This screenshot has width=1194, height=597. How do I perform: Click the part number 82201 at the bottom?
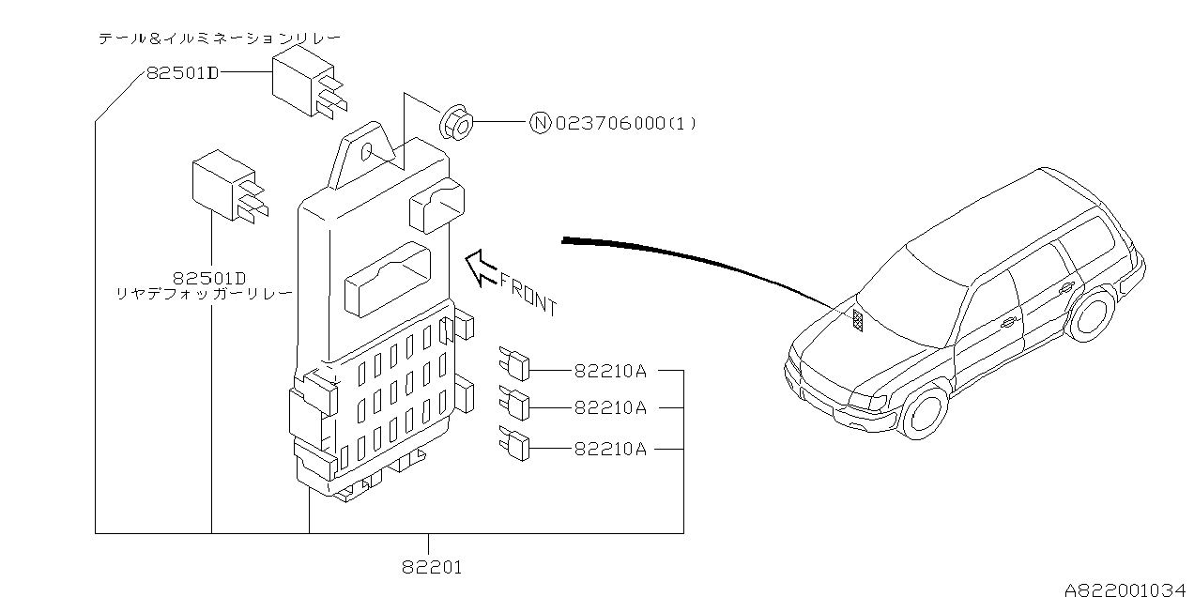pos(432,567)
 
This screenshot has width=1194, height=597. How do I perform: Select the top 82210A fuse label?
pos(610,371)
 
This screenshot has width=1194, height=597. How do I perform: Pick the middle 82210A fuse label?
pos(610,407)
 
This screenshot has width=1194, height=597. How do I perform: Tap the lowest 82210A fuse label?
pos(610,449)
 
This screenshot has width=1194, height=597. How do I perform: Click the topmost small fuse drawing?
pos(513,364)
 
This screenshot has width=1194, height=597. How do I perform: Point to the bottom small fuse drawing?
pos(513,443)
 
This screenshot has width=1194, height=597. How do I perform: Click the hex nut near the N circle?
pos(456,123)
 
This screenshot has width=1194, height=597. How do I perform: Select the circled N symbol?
pos(540,123)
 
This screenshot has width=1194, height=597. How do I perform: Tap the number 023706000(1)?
pos(626,124)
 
